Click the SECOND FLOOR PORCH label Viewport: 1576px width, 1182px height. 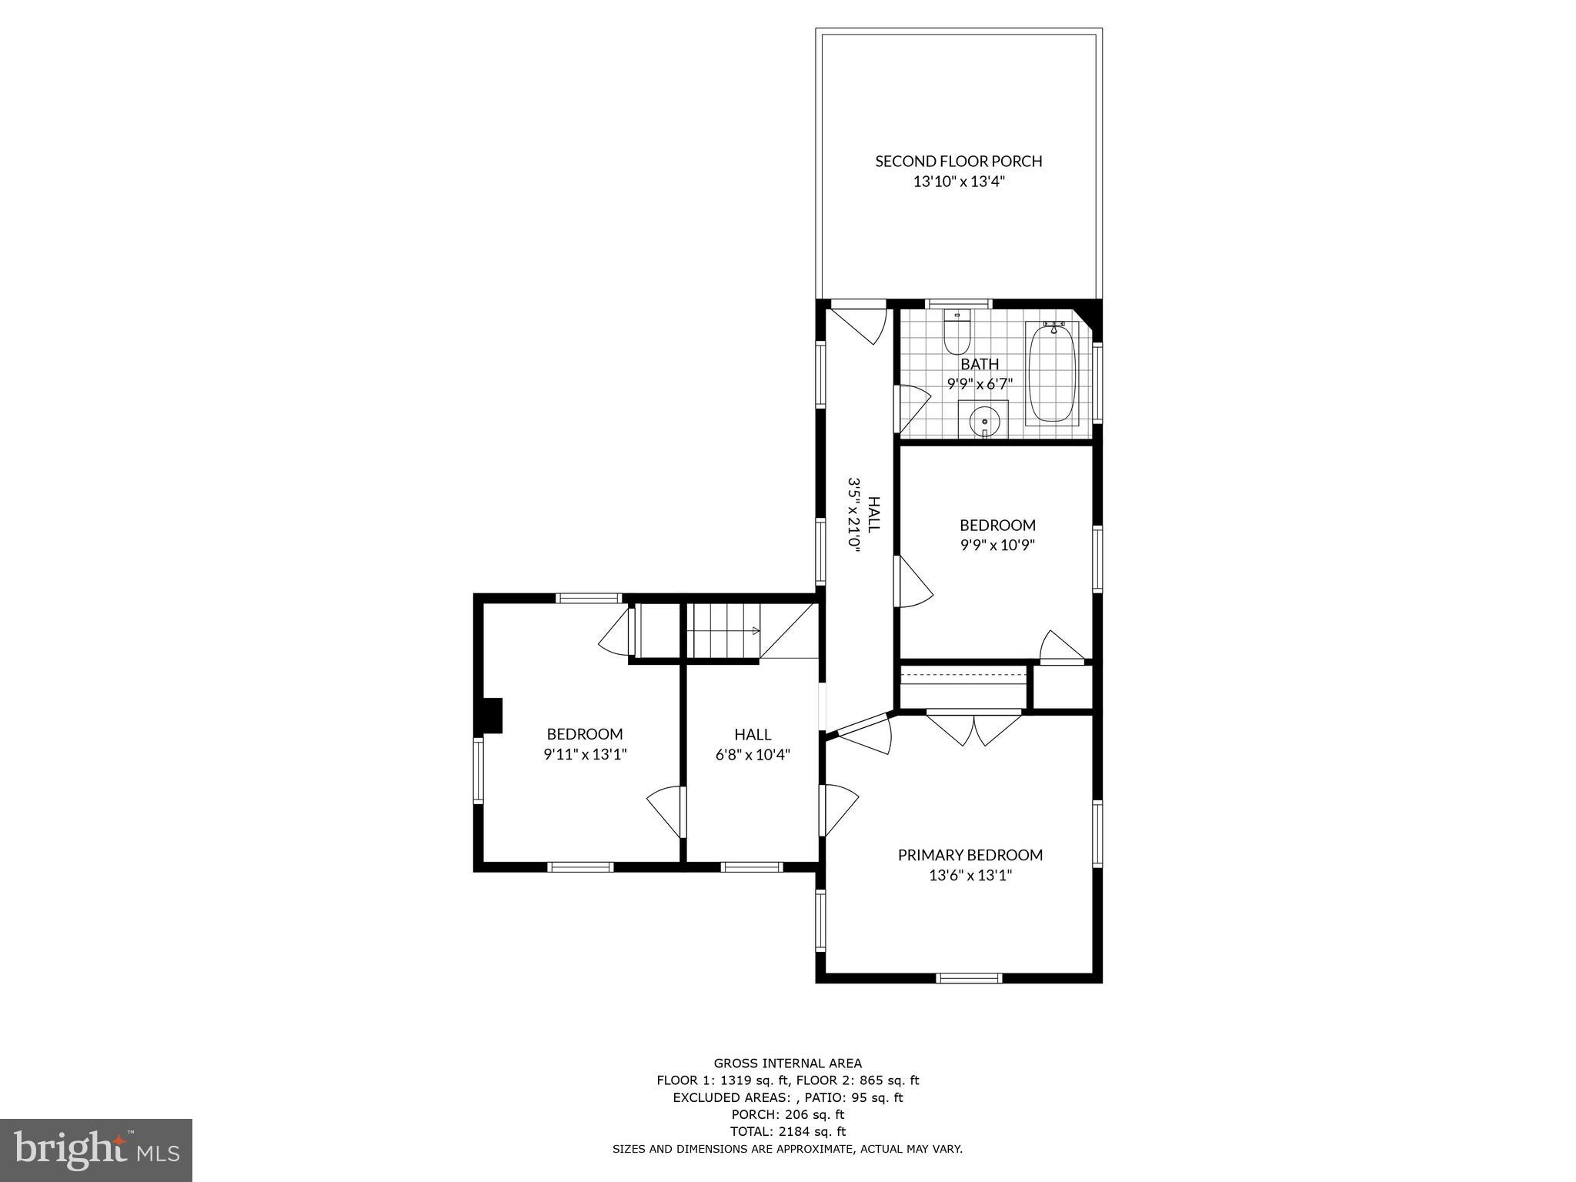(958, 162)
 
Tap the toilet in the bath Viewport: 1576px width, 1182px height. (957, 333)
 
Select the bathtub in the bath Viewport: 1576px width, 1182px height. (1052, 373)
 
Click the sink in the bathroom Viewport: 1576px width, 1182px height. (984, 422)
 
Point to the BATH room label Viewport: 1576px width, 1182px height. (979, 364)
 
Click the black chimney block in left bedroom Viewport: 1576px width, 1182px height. (489, 715)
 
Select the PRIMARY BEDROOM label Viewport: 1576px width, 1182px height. (970, 855)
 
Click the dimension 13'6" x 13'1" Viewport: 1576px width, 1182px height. (970, 875)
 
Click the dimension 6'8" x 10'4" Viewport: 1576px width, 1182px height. (753, 755)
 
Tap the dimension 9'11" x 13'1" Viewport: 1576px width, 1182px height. (585, 755)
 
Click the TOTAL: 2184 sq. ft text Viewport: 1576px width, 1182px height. (787, 1131)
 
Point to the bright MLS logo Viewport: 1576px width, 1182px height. (96, 1150)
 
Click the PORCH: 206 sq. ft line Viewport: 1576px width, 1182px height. (787, 1114)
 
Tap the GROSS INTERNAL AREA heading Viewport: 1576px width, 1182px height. (787, 1063)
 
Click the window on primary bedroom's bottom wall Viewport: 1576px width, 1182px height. (969, 978)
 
